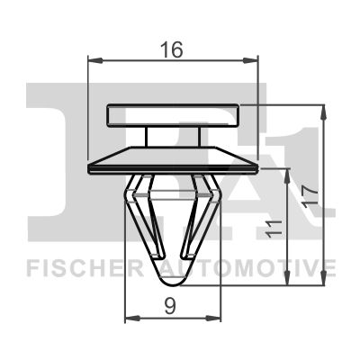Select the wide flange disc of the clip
pyautogui.click(x=174, y=164)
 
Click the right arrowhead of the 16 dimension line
pyautogui.click(x=254, y=61)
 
